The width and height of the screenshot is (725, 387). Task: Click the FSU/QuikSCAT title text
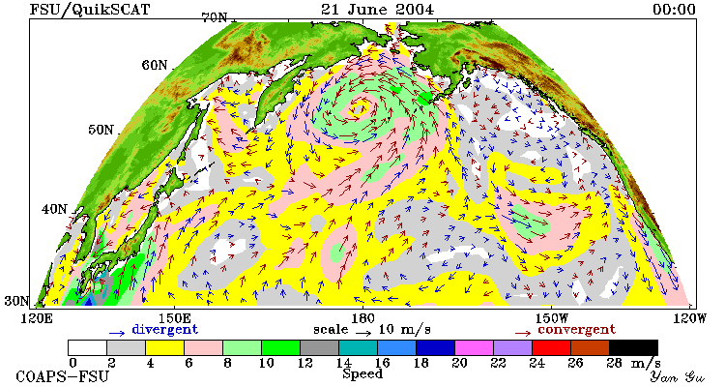coord(90,10)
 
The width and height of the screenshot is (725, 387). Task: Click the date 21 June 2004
coord(377,10)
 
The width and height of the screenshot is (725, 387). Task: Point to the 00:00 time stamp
coord(674,10)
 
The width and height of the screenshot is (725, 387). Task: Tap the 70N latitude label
coord(215,17)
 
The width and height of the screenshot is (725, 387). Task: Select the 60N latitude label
coord(155,65)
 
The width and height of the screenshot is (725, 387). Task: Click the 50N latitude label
coord(101,130)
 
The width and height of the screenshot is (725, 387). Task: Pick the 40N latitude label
coord(54,209)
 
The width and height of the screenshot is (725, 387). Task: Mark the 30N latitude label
coord(16,301)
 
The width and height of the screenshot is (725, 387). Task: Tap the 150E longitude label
coord(174,318)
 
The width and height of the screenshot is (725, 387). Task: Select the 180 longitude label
coord(362,318)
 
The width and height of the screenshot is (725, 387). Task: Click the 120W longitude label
coord(689,318)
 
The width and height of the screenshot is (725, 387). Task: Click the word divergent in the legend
coord(165,329)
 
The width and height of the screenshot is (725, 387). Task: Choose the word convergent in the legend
coord(576,330)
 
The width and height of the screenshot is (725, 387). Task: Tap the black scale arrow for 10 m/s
coord(363,332)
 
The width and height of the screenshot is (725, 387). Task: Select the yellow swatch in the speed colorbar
coord(164,348)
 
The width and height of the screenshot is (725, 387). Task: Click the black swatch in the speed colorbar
coord(633,348)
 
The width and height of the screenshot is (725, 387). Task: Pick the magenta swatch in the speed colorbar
coord(474,348)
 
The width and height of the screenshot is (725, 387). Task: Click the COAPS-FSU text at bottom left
coord(63,376)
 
